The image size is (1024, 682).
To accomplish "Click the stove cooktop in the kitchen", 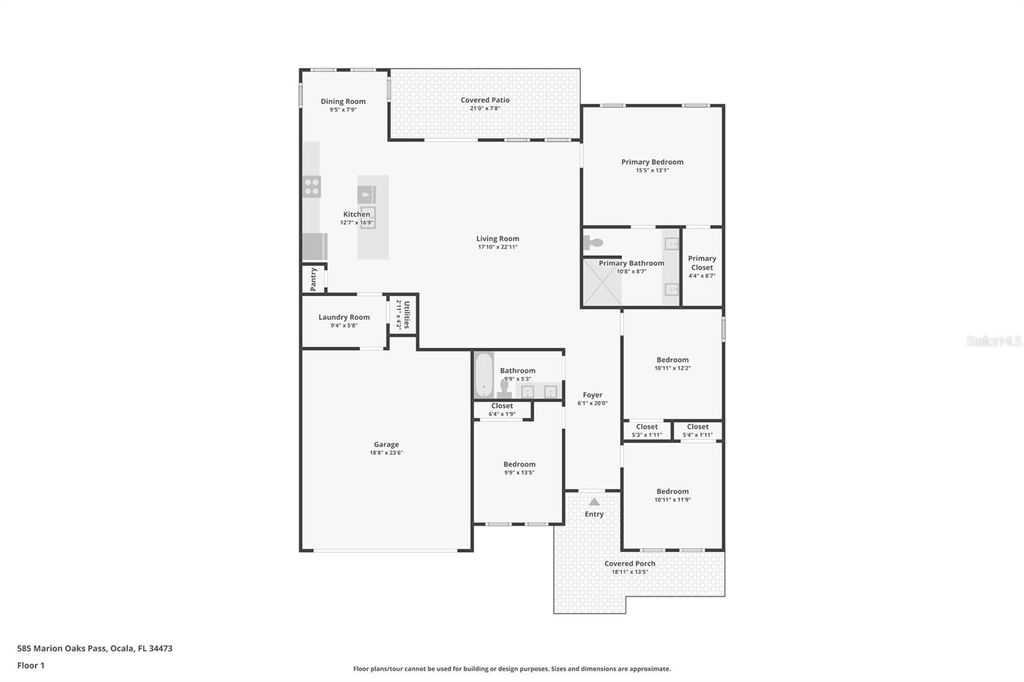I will (312, 184).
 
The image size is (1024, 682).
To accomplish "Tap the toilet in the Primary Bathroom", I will (593, 242).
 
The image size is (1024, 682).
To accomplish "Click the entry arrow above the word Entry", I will (594, 501).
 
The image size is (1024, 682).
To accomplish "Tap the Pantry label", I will (313, 278).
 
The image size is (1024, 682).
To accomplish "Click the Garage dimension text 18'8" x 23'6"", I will (386, 453).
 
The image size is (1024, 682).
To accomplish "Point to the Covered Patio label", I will (485, 100).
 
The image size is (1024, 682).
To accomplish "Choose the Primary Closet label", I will (701, 262).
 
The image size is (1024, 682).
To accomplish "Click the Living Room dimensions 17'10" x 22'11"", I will (497, 247).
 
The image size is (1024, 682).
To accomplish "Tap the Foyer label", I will (592, 395).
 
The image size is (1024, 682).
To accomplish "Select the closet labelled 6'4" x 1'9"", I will (502, 410).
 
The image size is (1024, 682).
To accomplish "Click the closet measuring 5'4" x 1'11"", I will (697, 430).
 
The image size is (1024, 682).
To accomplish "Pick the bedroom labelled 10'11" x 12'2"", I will (672, 363).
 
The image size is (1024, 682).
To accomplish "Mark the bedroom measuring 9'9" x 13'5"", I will (519, 467).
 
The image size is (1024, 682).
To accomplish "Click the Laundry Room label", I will (344, 317).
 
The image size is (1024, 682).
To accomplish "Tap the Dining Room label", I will (343, 101).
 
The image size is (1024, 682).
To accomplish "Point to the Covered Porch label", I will (630, 563).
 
